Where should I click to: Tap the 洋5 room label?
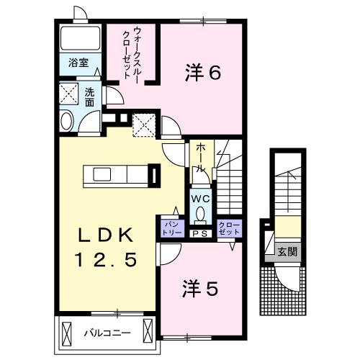(199, 289)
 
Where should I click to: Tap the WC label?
(199, 197)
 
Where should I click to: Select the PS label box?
(199, 233)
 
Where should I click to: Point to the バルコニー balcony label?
(106, 333)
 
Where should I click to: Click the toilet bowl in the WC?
(200, 213)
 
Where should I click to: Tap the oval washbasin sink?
(67, 122)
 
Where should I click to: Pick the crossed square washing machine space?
(70, 94)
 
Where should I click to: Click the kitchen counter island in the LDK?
(115, 175)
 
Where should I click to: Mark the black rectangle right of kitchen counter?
(153, 175)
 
